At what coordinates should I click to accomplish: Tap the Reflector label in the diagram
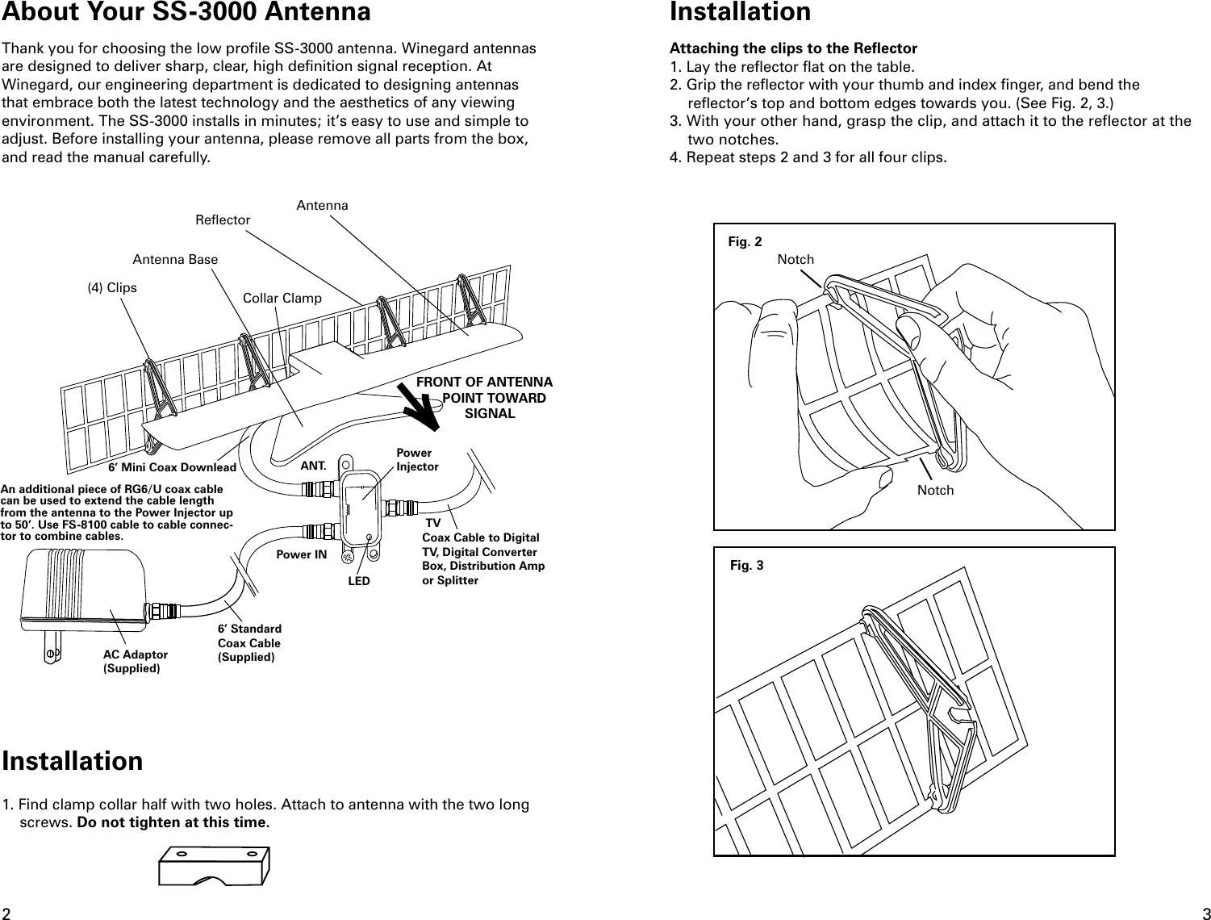(x=223, y=220)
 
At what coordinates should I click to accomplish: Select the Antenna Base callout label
(x=175, y=260)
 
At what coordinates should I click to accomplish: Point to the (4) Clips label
(x=112, y=288)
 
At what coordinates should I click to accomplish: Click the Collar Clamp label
(x=282, y=299)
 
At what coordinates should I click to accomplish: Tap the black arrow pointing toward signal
(x=421, y=405)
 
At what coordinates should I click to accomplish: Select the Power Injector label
(x=416, y=460)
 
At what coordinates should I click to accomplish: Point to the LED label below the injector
(x=359, y=581)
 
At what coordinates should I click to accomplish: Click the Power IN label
(x=302, y=555)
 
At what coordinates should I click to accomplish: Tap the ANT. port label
(x=313, y=466)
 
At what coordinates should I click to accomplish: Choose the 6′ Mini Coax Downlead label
(x=172, y=467)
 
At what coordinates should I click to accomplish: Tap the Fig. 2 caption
(x=744, y=241)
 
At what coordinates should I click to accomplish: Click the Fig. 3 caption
(x=746, y=565)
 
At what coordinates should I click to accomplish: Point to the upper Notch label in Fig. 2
(x=796, y=259)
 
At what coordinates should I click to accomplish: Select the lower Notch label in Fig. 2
(x=935, y=491)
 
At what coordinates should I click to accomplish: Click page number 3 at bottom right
(x=1205, y=913)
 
